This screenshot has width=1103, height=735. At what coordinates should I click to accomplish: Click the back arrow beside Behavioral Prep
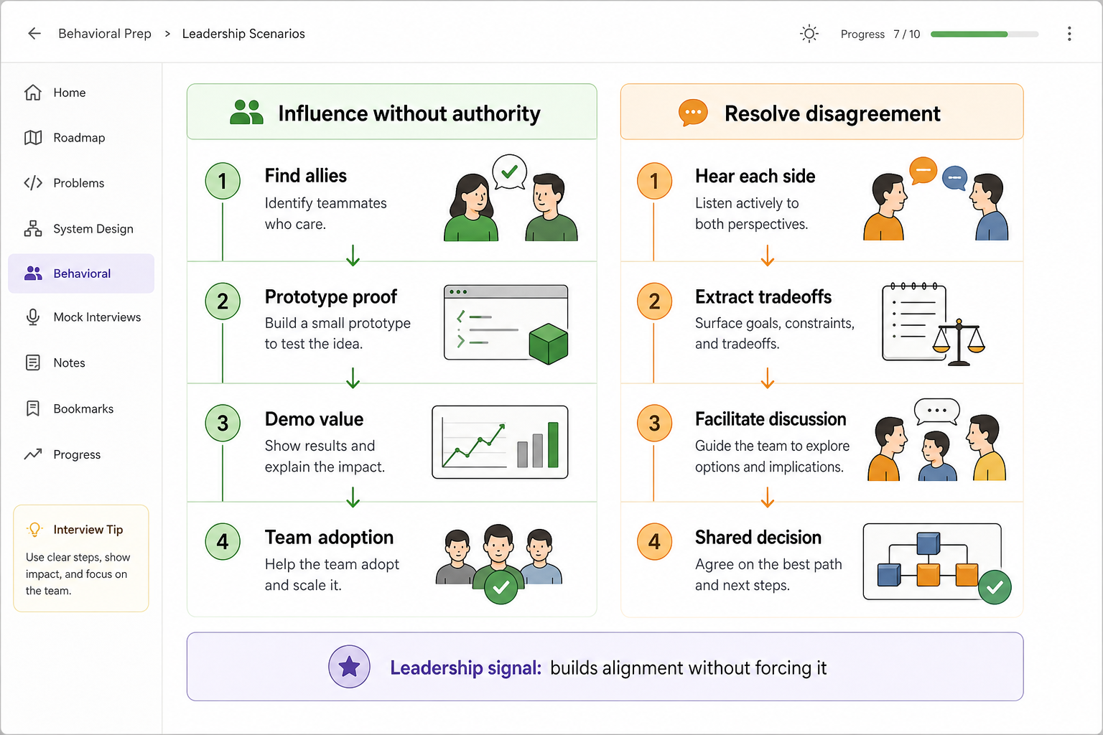[34, 34]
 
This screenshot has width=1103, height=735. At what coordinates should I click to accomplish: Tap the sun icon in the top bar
[809, 34]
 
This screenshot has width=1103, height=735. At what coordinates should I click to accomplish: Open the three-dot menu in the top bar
[1069, 34]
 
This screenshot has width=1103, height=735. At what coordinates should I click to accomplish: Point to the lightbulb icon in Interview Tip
[34, 529]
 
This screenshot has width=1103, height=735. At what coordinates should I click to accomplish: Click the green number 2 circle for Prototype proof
[223, 301]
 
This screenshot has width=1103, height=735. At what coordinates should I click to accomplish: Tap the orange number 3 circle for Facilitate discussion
[654, 423]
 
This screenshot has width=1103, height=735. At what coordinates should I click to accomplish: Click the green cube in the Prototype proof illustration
[548, 344]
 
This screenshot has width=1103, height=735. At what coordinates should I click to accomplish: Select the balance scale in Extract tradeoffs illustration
[958, 342]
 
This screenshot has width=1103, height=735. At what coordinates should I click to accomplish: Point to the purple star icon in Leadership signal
[349, 667]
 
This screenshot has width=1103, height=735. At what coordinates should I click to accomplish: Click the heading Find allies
[306, 176]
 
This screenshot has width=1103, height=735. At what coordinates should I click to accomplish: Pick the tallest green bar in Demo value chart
[553, 444]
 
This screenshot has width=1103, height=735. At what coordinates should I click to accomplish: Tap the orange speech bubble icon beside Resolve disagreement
[693, 113]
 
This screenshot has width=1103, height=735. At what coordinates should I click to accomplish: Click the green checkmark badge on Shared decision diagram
[995, 587]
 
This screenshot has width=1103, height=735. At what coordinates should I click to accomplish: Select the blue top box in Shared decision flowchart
[929, 543]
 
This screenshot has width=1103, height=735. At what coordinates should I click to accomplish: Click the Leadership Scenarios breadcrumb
[243, 34]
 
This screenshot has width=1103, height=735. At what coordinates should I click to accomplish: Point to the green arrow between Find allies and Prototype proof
[353, 256]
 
